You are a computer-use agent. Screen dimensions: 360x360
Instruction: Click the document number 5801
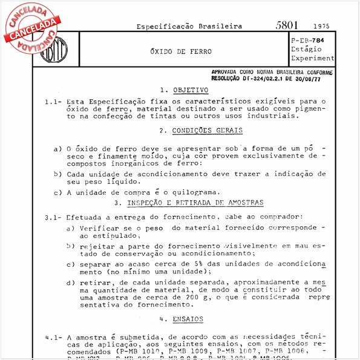pyautogui.click(x=287, y=25)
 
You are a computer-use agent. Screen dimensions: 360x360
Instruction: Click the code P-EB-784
pyautogui.click(x=312, y=40)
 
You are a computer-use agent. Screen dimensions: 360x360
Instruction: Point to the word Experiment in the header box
pyautogui.click(x=312, y=58)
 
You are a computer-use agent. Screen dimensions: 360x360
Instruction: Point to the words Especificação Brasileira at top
pyautogui.click(x=189, y=27)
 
